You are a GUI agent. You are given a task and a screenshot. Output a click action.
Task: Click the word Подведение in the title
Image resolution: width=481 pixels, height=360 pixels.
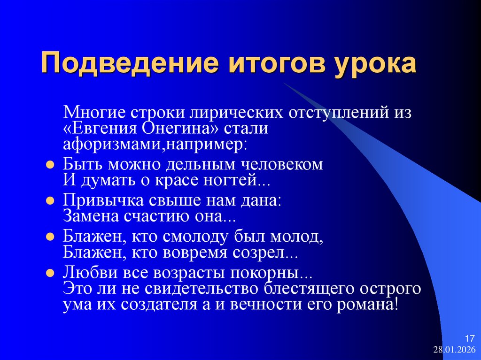119,64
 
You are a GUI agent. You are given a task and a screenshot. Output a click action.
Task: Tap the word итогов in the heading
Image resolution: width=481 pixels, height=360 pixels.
260,64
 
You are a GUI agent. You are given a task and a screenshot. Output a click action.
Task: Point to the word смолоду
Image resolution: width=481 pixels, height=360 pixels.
207,237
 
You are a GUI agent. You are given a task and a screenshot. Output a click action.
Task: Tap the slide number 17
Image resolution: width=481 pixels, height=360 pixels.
469,339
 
